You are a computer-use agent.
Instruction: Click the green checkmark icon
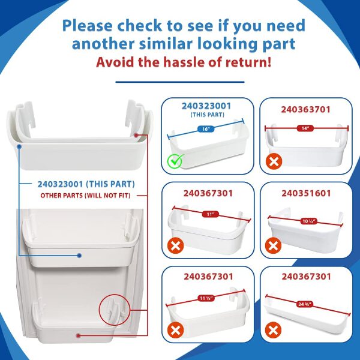175,161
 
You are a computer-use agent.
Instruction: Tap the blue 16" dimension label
206,129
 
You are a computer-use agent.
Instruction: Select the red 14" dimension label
305,128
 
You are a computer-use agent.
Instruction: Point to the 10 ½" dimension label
309,221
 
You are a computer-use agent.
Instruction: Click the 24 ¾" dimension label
305,304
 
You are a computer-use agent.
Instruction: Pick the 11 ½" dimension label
206,298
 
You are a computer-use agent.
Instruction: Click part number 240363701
305,110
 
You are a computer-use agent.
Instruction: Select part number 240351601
306,193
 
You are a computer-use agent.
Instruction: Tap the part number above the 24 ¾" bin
306,277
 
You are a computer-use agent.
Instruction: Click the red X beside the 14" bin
274,161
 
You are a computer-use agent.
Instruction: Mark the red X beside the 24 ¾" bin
273,330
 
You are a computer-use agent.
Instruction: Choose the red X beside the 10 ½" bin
273,245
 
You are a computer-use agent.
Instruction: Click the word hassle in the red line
184,62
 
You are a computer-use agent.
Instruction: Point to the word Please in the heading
87,26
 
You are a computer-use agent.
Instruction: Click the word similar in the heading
165,44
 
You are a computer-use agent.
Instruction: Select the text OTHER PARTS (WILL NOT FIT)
85,196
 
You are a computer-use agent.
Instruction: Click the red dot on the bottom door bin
78,335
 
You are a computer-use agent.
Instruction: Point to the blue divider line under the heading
180,82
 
